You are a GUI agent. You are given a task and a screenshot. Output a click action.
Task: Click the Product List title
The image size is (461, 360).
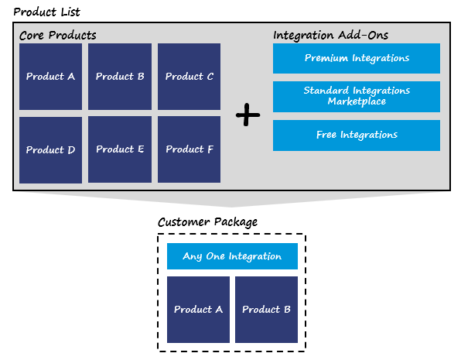tap(46, 12)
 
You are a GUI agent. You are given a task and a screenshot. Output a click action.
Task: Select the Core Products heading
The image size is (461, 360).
tap(57, 36)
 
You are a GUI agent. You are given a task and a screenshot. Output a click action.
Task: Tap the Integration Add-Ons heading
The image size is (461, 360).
tap(330, 36)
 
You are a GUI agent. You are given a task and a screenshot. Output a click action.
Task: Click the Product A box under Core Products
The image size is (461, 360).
tap(50, 77)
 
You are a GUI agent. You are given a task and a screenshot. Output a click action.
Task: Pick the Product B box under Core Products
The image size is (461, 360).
tap(120, 77)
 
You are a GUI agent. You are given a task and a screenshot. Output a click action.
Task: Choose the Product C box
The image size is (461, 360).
tap(189, 77)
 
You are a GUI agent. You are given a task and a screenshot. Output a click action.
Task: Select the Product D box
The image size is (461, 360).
tap(50, 150)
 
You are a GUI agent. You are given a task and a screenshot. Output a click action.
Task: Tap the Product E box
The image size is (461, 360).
tap(120, 149)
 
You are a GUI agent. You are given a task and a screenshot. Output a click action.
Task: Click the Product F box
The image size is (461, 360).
tap(189, 149)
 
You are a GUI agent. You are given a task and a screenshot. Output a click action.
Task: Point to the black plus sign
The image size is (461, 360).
tap(248, 115)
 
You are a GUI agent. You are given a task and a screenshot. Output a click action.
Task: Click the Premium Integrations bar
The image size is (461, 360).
tap(357, 58)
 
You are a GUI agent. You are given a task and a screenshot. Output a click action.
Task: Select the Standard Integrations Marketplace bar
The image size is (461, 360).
tap(357, 97)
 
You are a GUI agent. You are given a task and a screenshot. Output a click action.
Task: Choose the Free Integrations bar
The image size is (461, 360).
tap(357, 135)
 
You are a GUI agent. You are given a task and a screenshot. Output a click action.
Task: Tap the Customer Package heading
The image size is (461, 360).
tap(207, 222)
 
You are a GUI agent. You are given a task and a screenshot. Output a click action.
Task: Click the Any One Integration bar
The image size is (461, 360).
tap(232, 256)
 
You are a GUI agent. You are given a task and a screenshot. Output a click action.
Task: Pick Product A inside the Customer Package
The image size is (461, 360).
tap(199, 310)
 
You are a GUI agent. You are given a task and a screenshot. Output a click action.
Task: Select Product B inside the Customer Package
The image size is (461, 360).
tap(266, 310)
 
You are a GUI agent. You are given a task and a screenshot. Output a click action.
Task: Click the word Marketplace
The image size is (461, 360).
tap(357, 101)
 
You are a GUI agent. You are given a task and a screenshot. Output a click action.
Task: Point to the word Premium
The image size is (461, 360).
tap(326, 58)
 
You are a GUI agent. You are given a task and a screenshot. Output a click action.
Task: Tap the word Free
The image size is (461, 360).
tap(326, 135)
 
